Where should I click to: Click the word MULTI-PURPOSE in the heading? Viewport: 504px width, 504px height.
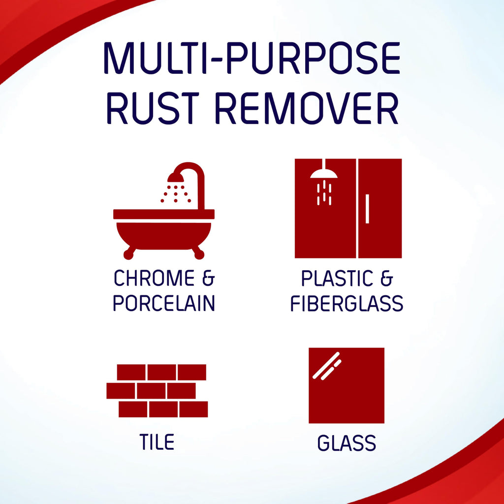click(x=252, y=60)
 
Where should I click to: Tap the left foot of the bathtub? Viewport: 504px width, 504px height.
click(x=129, y=253)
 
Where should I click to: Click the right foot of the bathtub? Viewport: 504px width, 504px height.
click(x=198, y=253)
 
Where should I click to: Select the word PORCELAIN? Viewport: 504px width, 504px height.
click(x=164, y=303)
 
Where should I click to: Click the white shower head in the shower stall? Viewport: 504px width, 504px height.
click(x=324, y=174)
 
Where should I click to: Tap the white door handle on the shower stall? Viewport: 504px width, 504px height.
click(x=367, y=209)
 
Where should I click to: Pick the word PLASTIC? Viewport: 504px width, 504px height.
click(x=335, y=279)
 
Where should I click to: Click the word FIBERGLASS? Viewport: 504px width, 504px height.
click(x=346, y=303)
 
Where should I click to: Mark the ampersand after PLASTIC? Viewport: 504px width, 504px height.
click(x=387, y=279)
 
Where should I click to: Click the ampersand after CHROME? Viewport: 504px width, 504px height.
click(x=209, y=279)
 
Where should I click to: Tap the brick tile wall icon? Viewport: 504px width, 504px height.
click(x=157, y=391)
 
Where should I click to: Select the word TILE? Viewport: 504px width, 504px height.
click(x=156, y=441)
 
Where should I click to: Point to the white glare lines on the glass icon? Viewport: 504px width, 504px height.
click(x=327, y=366)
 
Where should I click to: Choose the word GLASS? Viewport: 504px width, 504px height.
click(x=346, y=443)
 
